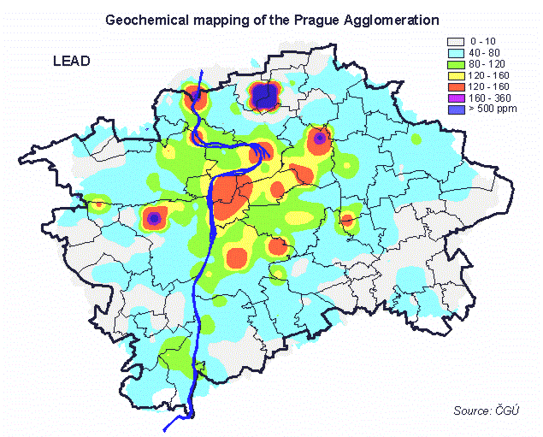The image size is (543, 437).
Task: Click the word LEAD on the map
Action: pos(72,62)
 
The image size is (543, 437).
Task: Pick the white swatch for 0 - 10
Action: pos(454,40)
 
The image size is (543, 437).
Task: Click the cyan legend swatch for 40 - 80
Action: pos(454,51)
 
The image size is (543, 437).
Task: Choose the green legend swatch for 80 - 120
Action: pos(454,62)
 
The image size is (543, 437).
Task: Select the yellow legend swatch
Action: pos(454,74)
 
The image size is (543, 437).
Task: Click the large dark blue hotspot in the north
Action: pos(266,97)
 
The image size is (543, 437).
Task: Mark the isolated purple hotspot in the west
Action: pos(153,219)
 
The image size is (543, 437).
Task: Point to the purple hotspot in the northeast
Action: pos(320,137)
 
